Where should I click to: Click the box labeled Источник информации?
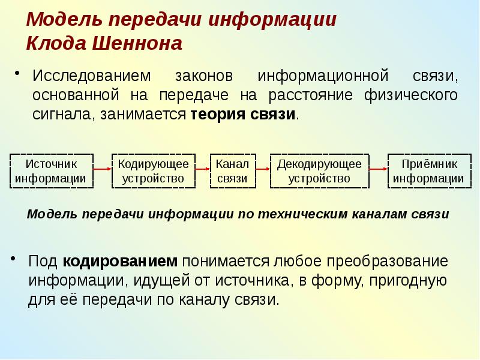(x=50, y=171)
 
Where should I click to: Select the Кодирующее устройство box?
(x=153, y=171)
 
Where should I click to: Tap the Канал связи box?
(x=232, y=171)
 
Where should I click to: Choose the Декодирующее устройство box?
(x=319, y=171)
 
